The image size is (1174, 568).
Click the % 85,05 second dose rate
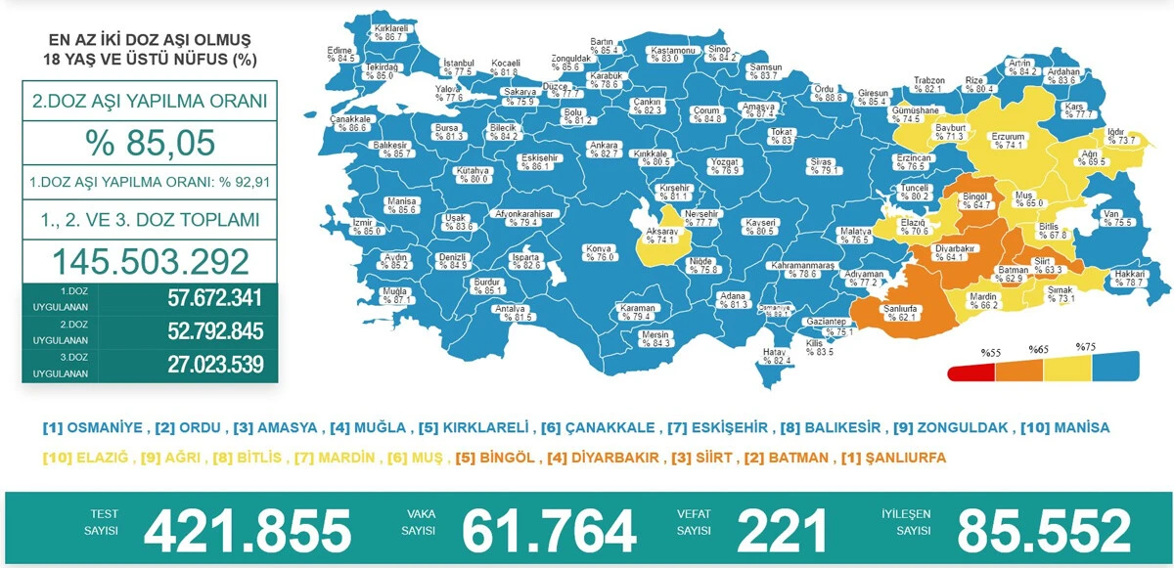150,143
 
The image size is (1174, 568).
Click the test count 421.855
247,531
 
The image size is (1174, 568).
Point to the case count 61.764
549,531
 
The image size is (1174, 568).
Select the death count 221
782,531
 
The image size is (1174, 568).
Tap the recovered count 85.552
1044,531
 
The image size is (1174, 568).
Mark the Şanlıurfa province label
900,311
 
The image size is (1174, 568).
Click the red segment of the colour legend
971,372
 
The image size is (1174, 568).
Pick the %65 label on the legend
1038,349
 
